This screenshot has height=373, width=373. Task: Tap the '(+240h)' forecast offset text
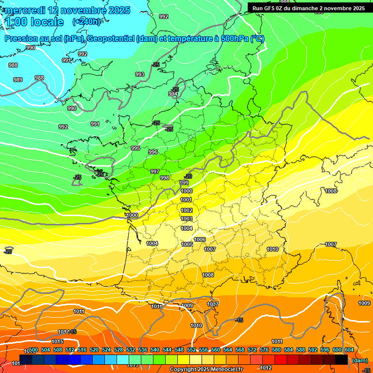tap(87, 21)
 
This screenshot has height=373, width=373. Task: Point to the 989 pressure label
tap(18, 80)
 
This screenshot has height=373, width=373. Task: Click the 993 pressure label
tap(140, 74)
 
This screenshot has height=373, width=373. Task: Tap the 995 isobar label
tap(136, 148)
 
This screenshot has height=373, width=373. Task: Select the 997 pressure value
tap(155, 171)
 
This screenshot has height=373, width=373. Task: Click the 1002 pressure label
tap(186, 210)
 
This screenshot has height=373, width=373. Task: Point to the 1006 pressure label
tap(200, 239)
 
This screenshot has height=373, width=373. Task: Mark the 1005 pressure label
tap(187, 244)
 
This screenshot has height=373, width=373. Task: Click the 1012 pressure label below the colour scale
tap(266, 368)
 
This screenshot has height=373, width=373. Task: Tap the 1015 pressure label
tap(57, 342)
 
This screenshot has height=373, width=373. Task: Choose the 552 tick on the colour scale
tap(191, 350)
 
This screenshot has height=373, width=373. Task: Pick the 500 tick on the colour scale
tap(34, 350)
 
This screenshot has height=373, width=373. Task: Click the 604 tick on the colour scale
tap(349, 350)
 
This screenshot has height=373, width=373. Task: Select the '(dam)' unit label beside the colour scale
tap(359, 360)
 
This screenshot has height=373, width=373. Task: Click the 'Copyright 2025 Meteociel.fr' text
tap(206, 370)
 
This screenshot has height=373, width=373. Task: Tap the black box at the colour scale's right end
tap(342, 360)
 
